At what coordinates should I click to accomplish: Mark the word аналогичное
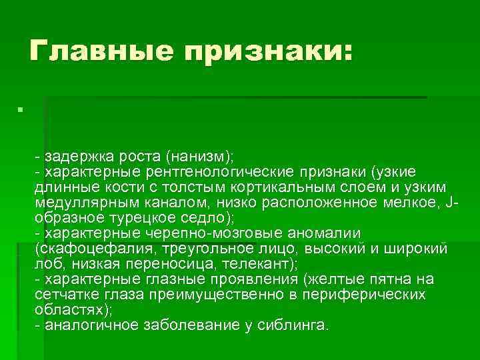87,325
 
